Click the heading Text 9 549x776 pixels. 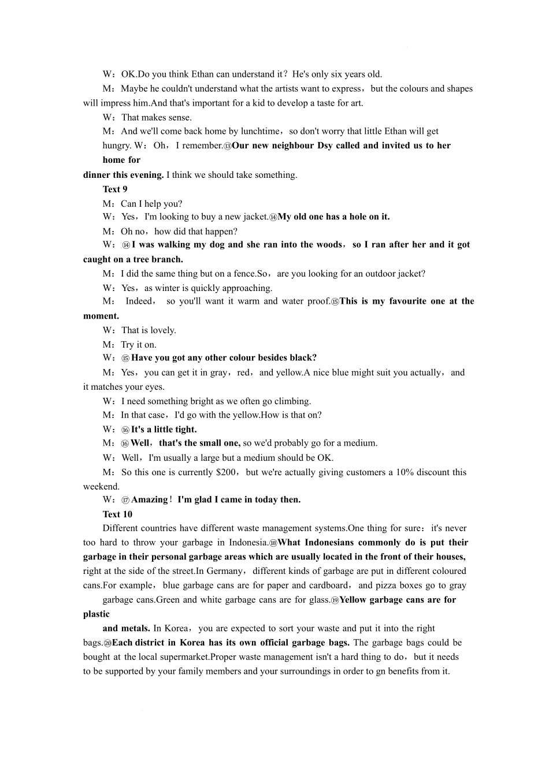click(x=115, y=189)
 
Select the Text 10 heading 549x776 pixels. click(x=117, y=514)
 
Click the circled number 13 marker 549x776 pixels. click(x=227, y=146)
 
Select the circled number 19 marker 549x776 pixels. click(x=335, y=600)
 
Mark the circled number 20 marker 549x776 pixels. click(x=107, y=643)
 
